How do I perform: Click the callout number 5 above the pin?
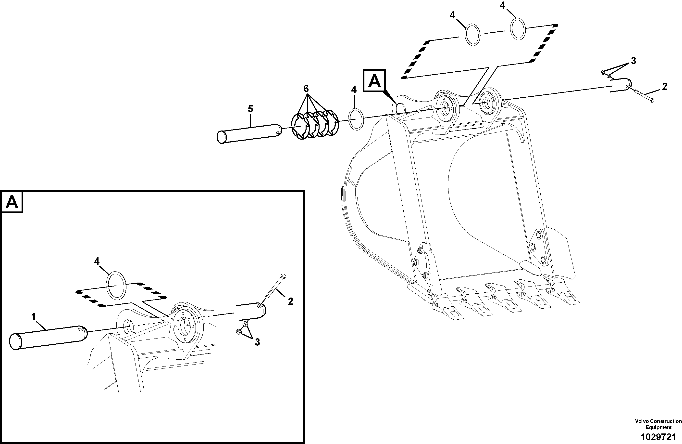[250, 109]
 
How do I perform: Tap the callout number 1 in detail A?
[34, 317]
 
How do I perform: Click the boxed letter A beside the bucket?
[374, 81]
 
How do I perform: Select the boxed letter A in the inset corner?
[12, 202]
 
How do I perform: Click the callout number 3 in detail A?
[257, 342]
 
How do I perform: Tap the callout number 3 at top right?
[633, 61]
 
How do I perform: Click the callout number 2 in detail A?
[290, 301]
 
